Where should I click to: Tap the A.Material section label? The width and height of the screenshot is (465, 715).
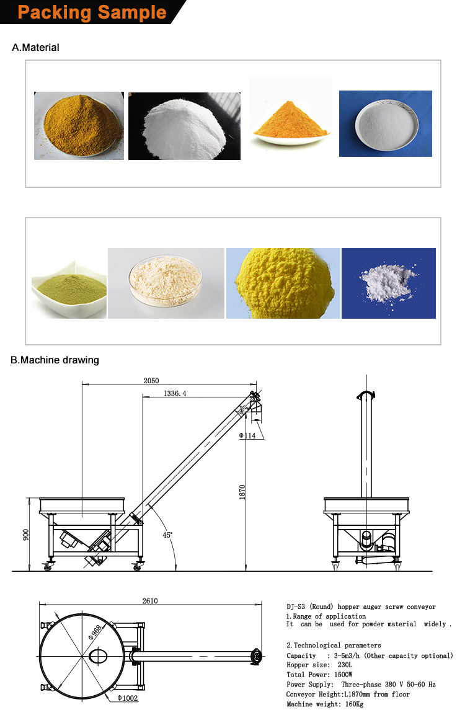click(36, 47)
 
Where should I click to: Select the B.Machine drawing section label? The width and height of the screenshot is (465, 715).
click(55, 360)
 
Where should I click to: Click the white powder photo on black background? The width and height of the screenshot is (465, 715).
click(184, 126)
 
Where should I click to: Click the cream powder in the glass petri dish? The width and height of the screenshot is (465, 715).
click(166, 283)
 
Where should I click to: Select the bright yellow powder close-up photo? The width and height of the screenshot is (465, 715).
click(283, 283)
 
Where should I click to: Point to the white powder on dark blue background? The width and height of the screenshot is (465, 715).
click(389, 283)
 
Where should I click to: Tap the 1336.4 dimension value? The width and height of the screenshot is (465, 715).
click(175, 393)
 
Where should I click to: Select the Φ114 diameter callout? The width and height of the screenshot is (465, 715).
click(248, 435)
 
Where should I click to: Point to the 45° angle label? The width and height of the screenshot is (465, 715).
click(167, 534)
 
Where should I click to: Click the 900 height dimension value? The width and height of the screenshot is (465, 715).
click(25, 535)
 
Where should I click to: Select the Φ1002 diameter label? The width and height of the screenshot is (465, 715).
click(128, 698)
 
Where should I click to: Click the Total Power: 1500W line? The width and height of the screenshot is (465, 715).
click(319, 675)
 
